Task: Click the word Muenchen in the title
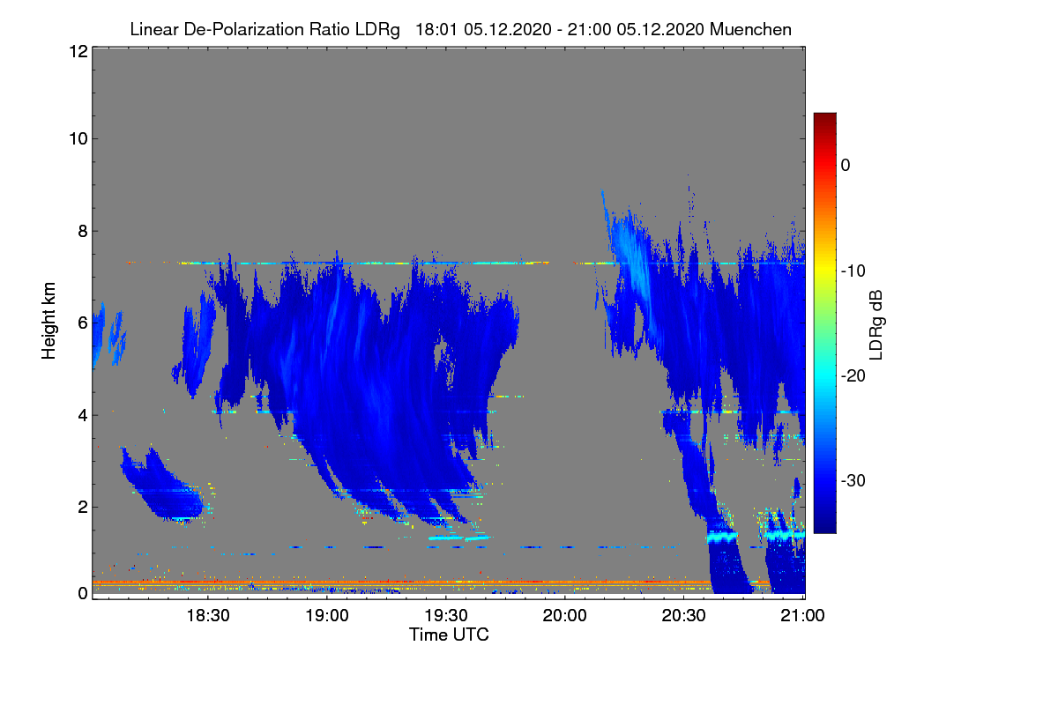pos(752,29)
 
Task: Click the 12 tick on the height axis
pos(77,52)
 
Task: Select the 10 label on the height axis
pos(77,138)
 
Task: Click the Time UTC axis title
pos(449,634)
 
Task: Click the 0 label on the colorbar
pos(846,165)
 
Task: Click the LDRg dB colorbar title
pos(876,323)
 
